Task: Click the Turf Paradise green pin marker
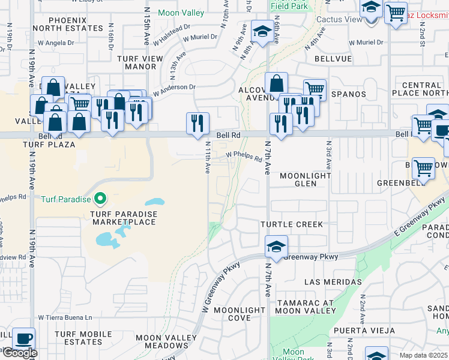(100, 199)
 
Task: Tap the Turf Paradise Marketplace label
(124, 218)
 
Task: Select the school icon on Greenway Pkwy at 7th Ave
(276, 246)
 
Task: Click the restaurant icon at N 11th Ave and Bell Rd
(197, 123)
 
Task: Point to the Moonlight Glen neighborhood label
(306, 179)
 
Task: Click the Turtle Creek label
(292, 224)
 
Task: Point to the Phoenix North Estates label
(60, 24)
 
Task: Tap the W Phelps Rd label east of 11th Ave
(244, 157)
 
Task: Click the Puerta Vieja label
(364, 331)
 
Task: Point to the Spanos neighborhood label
(348, 94)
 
